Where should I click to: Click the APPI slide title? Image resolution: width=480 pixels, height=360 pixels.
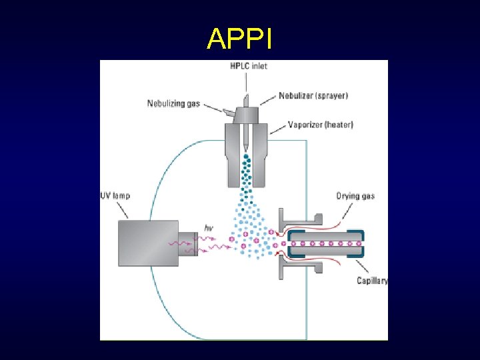coord(239,39)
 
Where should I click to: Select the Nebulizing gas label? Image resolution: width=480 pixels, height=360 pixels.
coord(173,104)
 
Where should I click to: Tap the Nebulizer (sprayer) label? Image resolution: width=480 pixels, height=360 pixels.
coord(313,96)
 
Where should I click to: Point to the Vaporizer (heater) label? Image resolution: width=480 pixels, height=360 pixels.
coord(321,125)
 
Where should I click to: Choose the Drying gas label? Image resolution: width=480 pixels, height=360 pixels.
coord(355,196)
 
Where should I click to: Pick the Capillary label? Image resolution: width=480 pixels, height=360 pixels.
coord(372,281)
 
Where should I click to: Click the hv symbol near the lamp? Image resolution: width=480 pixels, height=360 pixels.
coord(208,228)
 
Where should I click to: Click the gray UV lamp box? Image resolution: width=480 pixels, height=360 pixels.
coord(148,243)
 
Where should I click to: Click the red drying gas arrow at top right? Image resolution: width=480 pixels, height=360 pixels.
coord(333,215)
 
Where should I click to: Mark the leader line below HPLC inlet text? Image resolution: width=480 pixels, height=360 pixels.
coord(247,81)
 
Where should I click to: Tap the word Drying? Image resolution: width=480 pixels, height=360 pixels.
coord(347,196)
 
